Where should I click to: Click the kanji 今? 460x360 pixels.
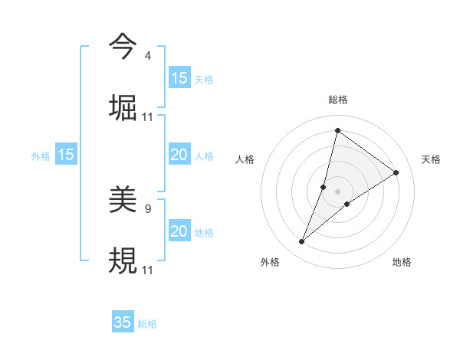point(123,46)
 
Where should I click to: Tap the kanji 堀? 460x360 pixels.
point(123,107)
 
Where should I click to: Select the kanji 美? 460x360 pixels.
point(123,199)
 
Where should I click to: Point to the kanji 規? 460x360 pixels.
point(123,260)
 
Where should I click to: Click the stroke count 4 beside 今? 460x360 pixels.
point(147,56)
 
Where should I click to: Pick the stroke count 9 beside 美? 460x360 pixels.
point(147,208)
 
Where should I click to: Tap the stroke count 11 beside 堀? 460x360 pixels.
point(148,117)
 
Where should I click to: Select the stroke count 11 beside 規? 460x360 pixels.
point(148,270)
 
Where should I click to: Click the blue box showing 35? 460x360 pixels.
point(123,322)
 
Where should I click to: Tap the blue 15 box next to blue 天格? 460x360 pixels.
point(179,78)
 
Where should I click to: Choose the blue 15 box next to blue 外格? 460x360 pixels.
point(66,155)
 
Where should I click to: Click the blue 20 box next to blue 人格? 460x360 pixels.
point(179,155)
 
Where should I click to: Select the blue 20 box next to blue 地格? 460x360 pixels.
point(179,231)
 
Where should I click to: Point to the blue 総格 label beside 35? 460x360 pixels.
point(147,323)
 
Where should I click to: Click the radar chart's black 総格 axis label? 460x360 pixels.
point(338,100)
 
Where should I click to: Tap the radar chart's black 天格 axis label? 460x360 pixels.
point(431,159)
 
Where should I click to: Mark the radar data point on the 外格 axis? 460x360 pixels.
point(302,242)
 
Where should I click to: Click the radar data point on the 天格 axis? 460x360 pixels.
point(396,172)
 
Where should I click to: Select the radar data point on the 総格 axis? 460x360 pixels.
point(337,130)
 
